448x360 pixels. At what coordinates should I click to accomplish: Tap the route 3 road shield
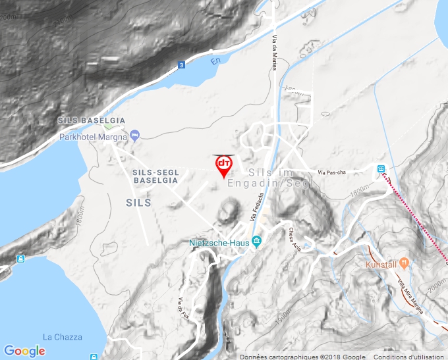pyautogui.click(x=181, y=64)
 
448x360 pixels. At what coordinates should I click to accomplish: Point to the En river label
pyautogui.click(x=215, y=61)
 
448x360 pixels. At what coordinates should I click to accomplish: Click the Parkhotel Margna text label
pyautogui.click(x=93, y=137)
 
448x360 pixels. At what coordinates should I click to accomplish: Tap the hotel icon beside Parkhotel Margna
pyautogui.click(x=135, y=136)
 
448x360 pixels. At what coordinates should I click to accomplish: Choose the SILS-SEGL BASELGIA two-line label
pyautogui.click(x=155, y=176)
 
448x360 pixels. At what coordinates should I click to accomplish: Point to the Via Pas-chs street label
pyautogui.click(x=331, y=172)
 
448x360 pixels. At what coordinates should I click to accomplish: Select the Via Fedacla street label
pyautogui.click(x=257, y=206)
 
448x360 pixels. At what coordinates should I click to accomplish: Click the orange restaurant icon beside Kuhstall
pyautogui.click(x=405, y=263)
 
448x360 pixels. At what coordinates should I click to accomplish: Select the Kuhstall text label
pyautogui.click(x=381, y=264)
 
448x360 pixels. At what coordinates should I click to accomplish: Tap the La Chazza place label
pyautogui.click(x=63, y=337)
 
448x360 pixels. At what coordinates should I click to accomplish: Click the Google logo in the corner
pyautogui.click(x=24, y=351)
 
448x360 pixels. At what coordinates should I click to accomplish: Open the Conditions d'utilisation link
pyautogui.click(x=409, y=356)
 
